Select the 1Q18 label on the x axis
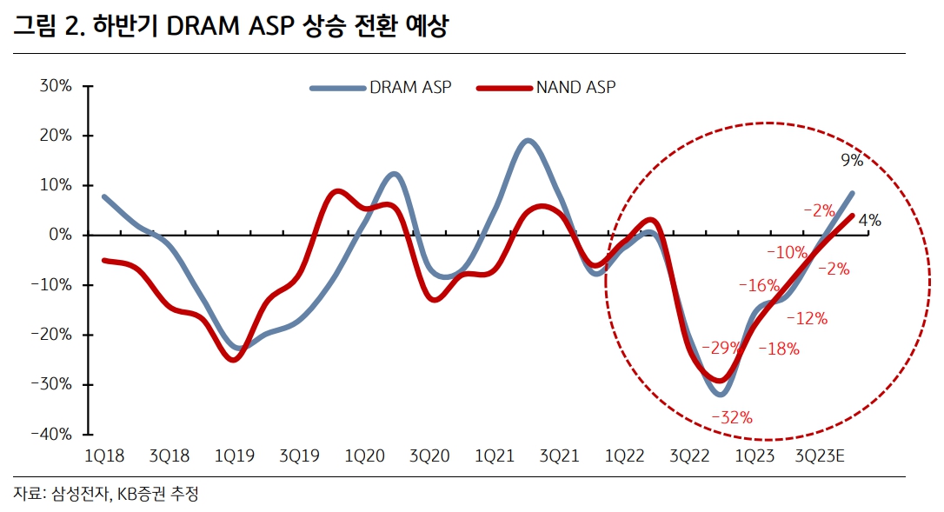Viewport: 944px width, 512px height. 103,455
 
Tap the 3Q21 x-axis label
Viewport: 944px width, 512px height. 560,455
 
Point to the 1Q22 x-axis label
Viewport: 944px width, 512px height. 625,455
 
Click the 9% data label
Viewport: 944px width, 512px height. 851,160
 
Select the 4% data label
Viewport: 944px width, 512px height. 869,221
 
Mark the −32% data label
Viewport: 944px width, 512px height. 731,418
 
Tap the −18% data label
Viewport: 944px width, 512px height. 779,349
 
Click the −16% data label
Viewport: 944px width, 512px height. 759,285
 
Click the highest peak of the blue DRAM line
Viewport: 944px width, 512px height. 528,140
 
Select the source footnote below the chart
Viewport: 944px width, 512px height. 106,494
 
